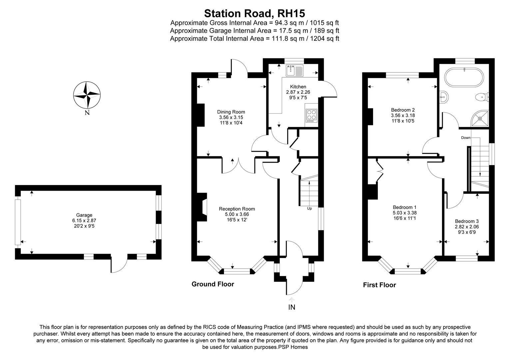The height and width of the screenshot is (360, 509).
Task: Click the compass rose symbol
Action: pos(87,95)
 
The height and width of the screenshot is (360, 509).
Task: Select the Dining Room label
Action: pos(231,112)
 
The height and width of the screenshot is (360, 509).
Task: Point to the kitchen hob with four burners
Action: pos(311,115)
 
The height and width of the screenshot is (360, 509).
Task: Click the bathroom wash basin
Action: pos(444,97)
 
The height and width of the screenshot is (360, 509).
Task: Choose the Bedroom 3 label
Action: pos(467,221)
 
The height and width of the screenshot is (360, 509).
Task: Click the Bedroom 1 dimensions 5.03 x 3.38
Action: pos(404,213)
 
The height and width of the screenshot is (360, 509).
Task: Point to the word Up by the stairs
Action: pos(309,209)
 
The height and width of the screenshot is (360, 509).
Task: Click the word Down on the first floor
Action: pos(466,138)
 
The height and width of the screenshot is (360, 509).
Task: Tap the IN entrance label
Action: pos(291,307)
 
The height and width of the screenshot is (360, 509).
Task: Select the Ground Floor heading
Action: pos(213,284)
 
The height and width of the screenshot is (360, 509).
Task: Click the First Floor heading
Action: pos(379,285)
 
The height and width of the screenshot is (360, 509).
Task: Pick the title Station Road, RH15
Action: pos(254,13)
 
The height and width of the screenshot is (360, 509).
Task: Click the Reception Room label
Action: pos(237,209)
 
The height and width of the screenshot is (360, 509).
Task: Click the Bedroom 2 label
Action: pos(403,110)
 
